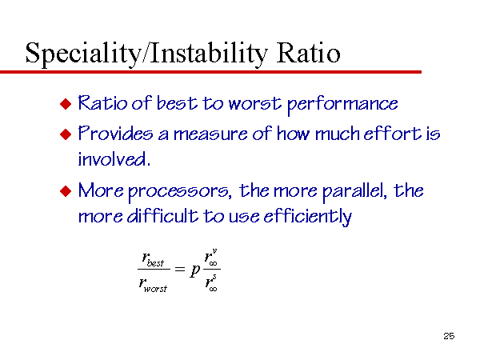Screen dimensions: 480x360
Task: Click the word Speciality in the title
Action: pos(83,54)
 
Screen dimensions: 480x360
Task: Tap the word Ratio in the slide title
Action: pos(308,53)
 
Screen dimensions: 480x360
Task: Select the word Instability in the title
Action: pos(209,54)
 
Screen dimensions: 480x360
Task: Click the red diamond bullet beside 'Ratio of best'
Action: pos(66,104)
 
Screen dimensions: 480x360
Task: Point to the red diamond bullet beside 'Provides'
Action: pos(66,134)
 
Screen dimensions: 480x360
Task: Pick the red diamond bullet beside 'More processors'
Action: pos(66,191)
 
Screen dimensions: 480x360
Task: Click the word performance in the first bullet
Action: pos(342,105)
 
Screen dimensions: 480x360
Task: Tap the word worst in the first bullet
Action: pos(254,103)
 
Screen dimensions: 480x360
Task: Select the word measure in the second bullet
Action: pos(210,134)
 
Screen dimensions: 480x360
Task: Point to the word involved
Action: pos(114,159)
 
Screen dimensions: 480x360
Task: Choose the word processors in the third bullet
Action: pos(180,193)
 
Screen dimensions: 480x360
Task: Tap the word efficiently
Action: pos(308,217)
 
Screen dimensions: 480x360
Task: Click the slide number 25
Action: pos(449,336)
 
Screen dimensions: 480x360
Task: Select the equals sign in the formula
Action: pos(180,270)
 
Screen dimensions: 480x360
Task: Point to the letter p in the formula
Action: pos(194,270)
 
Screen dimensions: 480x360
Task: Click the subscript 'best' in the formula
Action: pos(155,263)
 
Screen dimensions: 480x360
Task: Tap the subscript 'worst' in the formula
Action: pos(155,289)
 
